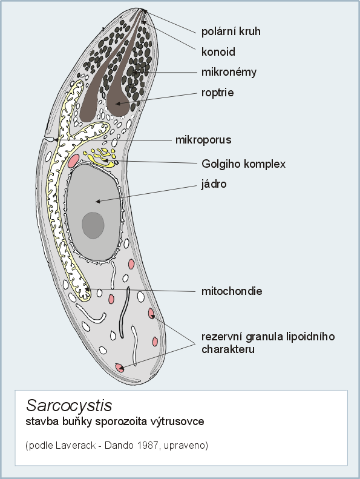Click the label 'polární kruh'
click(x=231, y=31)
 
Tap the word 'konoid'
click(x=218, y=51)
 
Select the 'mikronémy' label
click(x=229, y=73)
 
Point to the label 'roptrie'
click(x=217, y=93)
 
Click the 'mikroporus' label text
click(x=203, y=140)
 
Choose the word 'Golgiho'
click(x=219, y=164)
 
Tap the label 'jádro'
click(x=214, y=184)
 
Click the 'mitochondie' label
click(x=232, y=291)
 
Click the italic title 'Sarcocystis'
click(x=69, y=405)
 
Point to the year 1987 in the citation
click(x=148, y=445)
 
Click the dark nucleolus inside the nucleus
click(x=93, y=225)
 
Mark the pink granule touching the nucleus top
click(x=73, y=160)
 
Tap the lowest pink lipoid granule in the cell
click(x=120, y=368)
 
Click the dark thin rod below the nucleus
click(x=124, y=312)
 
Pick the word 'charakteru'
click(x=227, y=349)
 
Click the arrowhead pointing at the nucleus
click(x=97, y=201)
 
